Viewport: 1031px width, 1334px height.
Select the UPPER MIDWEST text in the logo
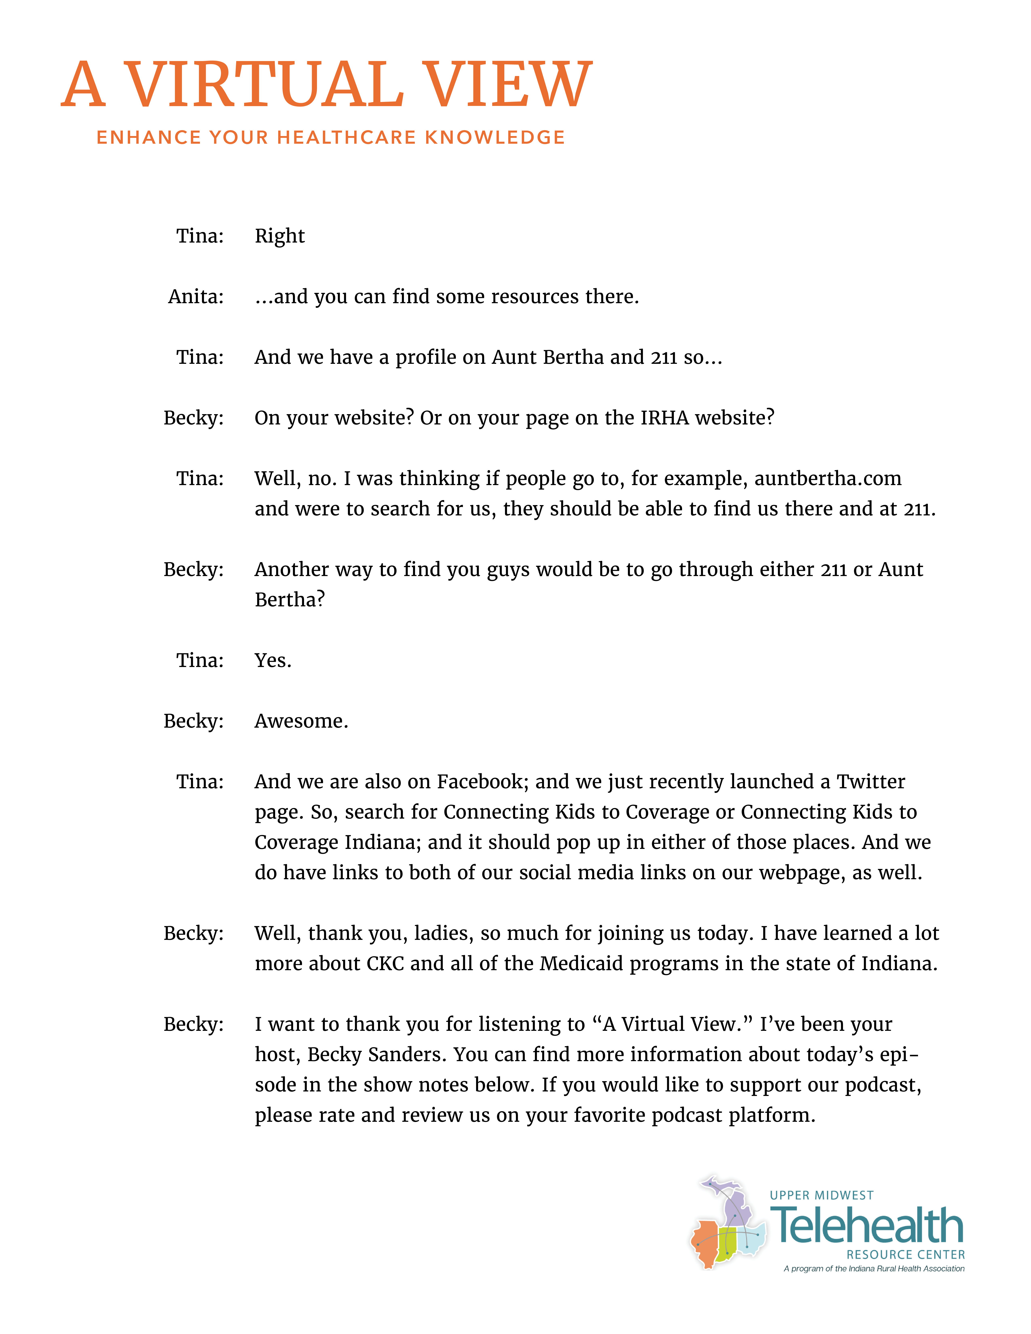822,1195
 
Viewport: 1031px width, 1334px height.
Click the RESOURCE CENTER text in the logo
905,1255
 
